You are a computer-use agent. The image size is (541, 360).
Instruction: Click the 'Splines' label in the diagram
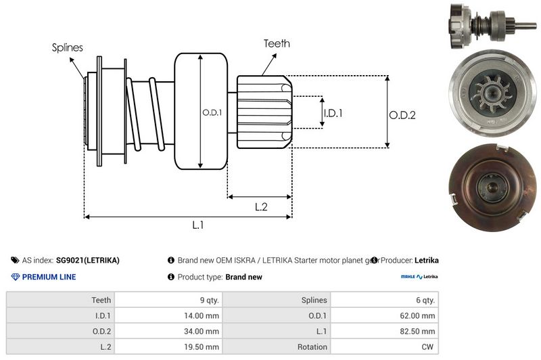click(68, 47)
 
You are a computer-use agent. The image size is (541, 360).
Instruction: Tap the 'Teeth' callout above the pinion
click(277, 43)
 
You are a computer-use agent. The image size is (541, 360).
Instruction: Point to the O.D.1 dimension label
click(212, 113)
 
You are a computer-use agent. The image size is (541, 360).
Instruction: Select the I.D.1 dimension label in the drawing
click(333, 113)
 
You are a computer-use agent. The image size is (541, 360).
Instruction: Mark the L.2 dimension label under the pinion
click(261, 207)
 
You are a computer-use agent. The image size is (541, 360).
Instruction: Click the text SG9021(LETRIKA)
click(88, 260)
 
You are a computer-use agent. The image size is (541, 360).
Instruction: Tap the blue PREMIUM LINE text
click(49, 277)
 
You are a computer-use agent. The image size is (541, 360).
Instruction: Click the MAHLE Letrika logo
click(419, 277)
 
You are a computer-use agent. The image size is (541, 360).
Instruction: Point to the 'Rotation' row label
click(311, 347)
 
